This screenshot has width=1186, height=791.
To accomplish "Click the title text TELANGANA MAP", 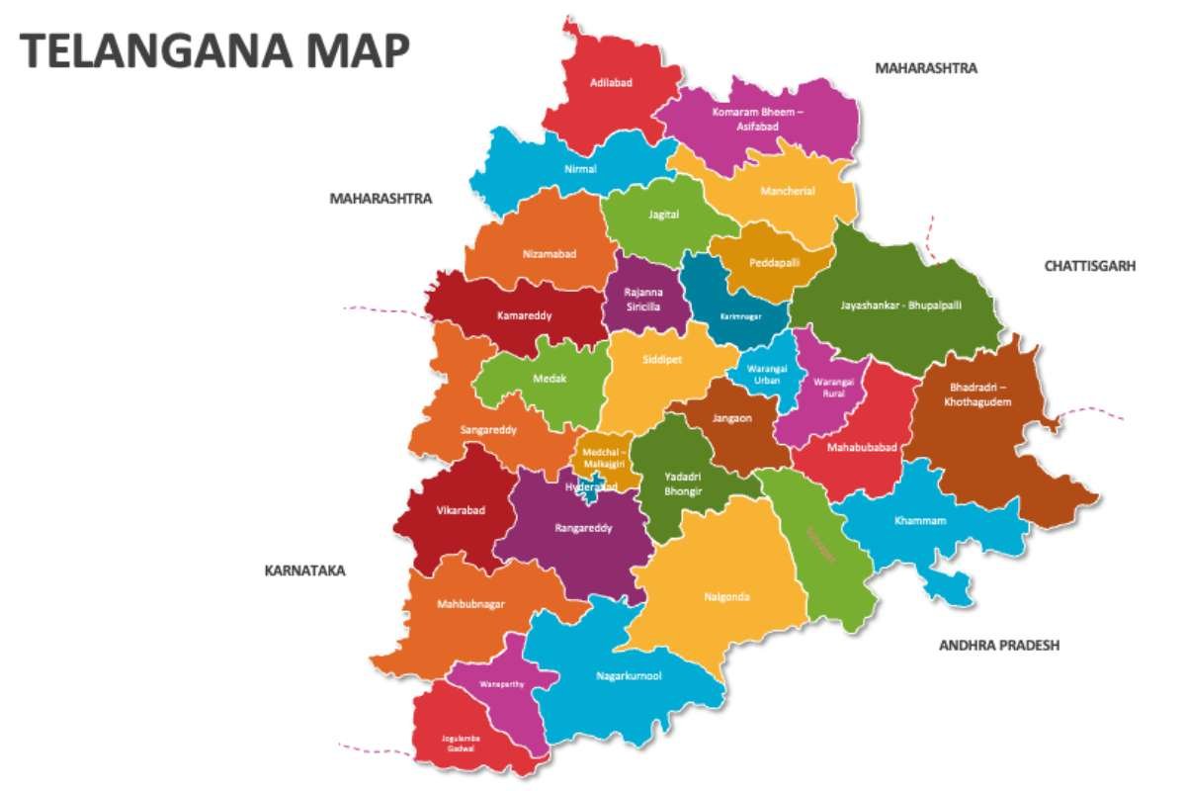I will [213, 50].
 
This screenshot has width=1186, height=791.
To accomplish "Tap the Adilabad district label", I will [611, 82].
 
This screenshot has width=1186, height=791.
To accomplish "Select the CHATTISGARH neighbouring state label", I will [1090, 266].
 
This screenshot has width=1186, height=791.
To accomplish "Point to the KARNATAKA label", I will [304, 571].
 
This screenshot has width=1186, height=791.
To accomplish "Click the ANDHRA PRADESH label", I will [998, 645].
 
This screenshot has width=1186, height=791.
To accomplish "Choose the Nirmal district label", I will [580, 169].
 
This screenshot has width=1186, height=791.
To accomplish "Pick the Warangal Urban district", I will [767, 375].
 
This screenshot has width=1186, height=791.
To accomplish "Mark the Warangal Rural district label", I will [833, 387].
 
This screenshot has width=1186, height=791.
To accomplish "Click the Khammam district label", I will [920, 520].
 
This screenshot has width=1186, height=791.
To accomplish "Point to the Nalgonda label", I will [727, 596].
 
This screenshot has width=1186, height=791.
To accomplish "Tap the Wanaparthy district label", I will [501, 683].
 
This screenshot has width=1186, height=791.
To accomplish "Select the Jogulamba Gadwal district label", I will [459, 743].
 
